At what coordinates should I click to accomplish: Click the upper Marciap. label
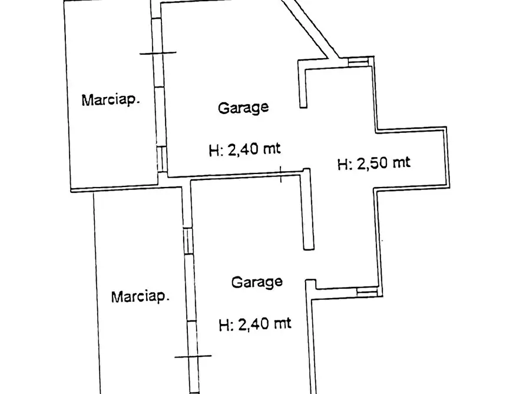pos(111,99)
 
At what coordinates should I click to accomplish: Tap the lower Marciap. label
pos(140,296)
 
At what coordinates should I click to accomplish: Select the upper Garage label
pos(243,108)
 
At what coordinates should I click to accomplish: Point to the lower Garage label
pos(256,282)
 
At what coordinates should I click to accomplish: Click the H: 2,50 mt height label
pos(373,163)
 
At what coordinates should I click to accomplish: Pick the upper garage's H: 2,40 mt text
pos(244,149)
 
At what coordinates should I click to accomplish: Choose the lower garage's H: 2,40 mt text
pos(254,323)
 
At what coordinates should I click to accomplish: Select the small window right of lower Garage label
pos(365,290)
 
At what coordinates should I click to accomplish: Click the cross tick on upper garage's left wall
pos(157,52)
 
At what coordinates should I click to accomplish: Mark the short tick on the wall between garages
pos(281,173)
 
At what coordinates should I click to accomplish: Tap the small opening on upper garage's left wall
pos(161,158)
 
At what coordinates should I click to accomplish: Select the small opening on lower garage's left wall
pos(188,241)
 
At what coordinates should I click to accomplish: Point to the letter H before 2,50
pos(342,164)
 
